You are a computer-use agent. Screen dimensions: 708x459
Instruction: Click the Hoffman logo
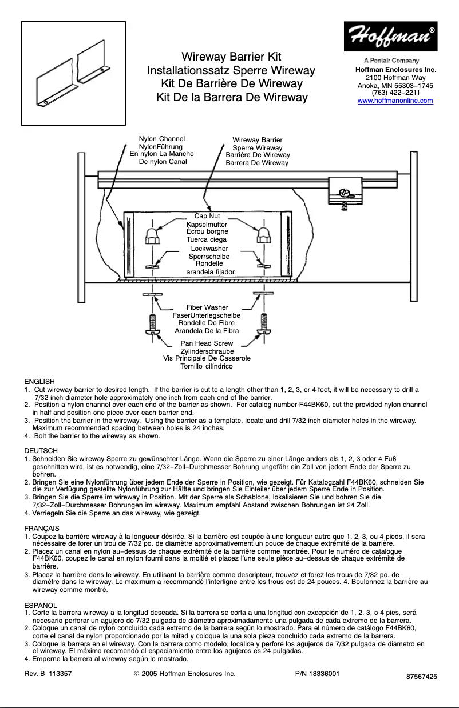coord(391,36)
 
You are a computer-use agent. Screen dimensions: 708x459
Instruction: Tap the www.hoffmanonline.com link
coord(395,101)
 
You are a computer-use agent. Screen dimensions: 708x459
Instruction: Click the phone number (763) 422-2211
coord(395,93)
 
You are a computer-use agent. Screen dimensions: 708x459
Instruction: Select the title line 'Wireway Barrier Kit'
coord(231,57)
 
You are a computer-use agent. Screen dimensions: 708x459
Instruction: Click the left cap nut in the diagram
coord(152,235)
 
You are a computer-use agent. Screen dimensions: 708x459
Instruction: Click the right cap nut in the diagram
coord(263,235)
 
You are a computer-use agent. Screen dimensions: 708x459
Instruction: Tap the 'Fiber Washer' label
coord(207,307)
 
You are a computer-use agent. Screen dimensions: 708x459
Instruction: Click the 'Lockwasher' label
coord(209,249)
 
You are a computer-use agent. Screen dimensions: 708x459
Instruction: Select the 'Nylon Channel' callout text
coord(162,138)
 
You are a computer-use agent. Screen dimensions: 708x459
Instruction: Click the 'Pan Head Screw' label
coord(207,343)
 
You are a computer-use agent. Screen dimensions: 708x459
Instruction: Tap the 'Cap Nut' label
coord(207,216)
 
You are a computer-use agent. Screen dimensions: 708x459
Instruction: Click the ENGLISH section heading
coord(39,381)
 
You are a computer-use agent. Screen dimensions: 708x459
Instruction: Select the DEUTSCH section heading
coord(41,451)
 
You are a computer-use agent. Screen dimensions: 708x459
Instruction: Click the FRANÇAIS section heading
coord(42,528)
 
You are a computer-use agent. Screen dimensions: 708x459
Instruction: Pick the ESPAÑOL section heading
coord(41,605)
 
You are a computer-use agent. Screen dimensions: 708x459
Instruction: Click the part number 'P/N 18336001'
coord(317,674)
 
